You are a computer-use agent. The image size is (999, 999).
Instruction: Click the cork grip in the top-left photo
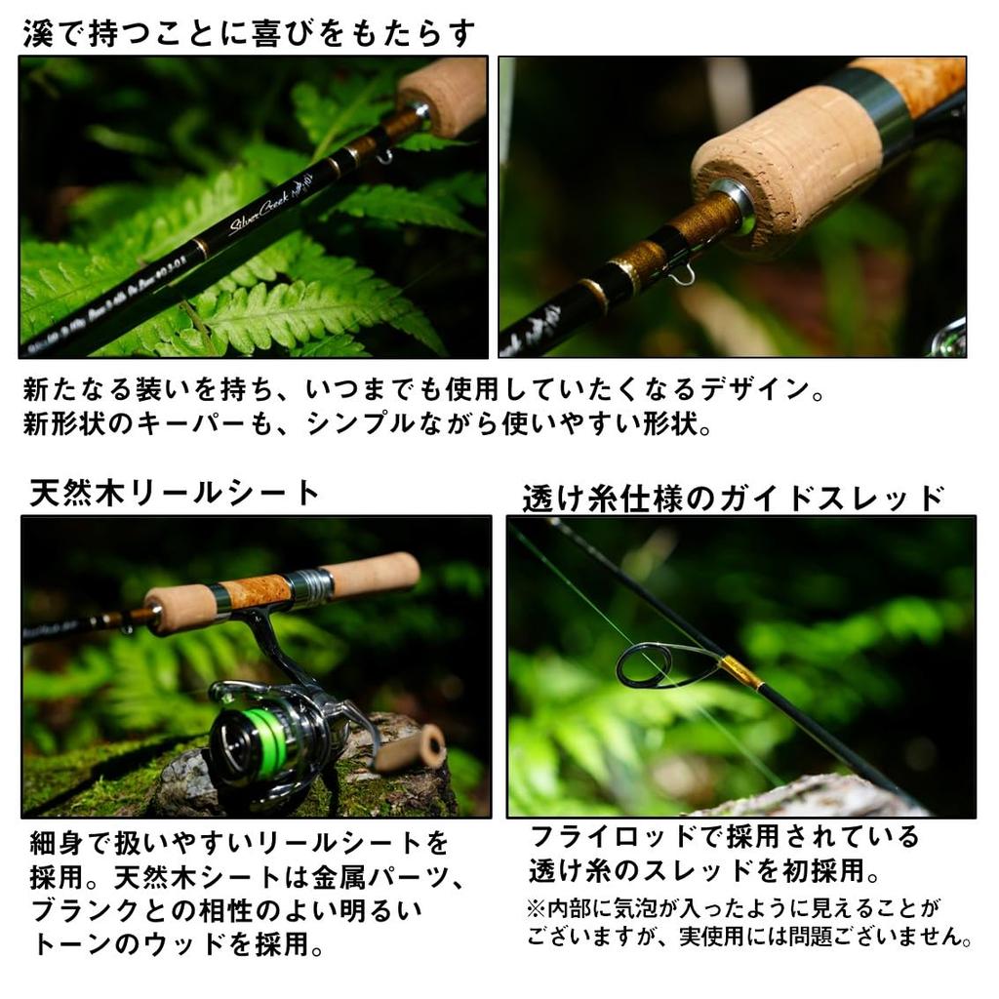445,95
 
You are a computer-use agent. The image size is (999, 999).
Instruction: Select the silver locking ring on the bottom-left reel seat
311,585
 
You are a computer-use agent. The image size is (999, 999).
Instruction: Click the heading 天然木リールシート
175,493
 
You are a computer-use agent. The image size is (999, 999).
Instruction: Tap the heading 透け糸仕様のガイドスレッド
733,499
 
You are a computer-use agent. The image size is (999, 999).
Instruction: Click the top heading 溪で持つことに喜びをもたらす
249,33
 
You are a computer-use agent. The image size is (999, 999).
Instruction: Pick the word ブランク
82,912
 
